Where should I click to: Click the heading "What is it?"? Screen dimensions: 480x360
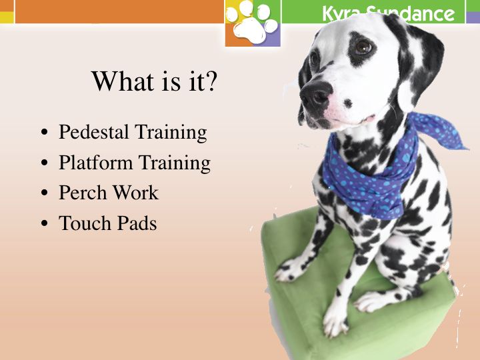pos(154,81)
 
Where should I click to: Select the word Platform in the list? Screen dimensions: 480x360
pos(95,162)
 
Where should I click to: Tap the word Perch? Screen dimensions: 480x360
pos(83,193)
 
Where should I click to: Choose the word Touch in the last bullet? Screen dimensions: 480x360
pos(85,223)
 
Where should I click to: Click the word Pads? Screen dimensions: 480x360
pos(137,223)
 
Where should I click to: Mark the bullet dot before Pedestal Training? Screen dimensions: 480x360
pos(45,132)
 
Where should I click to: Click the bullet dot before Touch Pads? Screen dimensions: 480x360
pos(45,223)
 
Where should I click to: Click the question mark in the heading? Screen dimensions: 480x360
pos(211,81)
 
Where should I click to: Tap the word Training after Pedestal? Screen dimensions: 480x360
pos(171,132)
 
